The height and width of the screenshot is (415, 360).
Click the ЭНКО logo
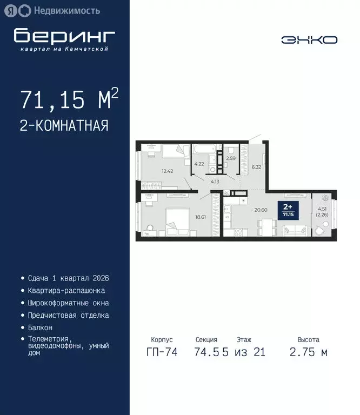point(309,40)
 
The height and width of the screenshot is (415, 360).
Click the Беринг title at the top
point(64,36)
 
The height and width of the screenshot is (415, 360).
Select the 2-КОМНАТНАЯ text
point(64,126)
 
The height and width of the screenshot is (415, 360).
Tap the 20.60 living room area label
point(261,210)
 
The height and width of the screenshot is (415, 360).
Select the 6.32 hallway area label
point(256,167)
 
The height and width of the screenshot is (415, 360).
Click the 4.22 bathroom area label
point(199,164)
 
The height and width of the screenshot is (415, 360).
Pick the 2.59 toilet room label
point(230,158)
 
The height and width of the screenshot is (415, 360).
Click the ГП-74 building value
point(161,352)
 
